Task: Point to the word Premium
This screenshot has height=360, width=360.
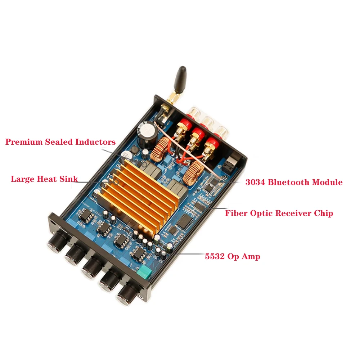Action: [x=24, y=142]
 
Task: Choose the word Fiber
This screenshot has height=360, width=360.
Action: [x=236, y=213]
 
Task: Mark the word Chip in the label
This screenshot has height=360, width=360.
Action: [x=324, y=213]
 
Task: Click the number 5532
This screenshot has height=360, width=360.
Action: [x=215, y=256]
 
